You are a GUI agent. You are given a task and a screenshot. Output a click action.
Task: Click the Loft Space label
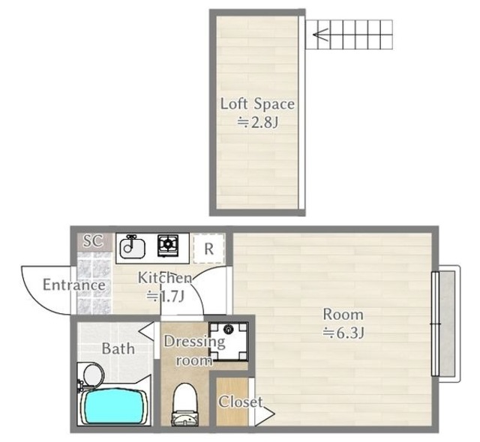pos(257,104)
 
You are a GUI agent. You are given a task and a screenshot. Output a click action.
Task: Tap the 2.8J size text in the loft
pos(258,123)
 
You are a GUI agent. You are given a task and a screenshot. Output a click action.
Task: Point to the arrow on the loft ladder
pos(320,34)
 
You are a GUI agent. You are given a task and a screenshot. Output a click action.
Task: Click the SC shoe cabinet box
pos(94,241)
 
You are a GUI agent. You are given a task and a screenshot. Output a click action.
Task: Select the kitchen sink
pos(133,247)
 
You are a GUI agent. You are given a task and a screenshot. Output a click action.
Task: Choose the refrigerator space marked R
pos(209,249)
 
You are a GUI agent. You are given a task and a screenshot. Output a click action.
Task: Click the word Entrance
pos(74,285)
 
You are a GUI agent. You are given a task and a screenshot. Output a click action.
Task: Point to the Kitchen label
pos(165,278)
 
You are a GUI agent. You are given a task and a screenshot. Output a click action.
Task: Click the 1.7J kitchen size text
pos(166,296)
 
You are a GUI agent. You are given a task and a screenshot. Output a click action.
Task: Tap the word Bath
pos(118,348)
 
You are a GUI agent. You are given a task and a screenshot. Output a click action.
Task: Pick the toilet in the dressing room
pos(184,405)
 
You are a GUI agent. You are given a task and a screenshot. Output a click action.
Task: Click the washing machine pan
pos(229,341)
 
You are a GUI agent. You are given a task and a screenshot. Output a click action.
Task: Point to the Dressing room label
pos(194,351)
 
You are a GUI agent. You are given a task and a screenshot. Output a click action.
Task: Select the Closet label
pos(240,402)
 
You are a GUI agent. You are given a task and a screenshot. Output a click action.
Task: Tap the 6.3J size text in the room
pos(343,333)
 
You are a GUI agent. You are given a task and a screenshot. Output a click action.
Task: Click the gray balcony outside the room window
pos(447,324)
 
